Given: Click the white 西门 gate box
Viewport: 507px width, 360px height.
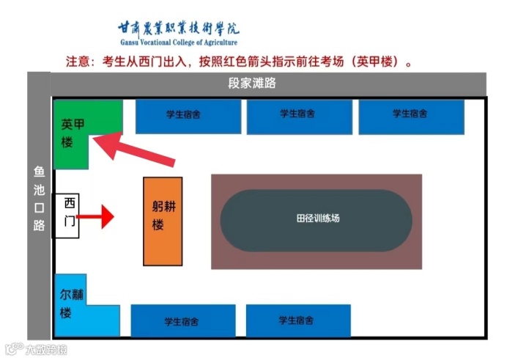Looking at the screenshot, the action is pos(66,216).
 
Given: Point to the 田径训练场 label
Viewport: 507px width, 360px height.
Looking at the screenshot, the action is pos(317,218).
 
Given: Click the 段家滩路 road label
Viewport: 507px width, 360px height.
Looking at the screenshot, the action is pos(252,84).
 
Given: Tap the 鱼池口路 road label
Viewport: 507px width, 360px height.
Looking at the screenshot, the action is pos(39,198).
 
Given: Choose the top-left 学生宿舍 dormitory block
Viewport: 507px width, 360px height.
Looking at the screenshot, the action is pos(188,116).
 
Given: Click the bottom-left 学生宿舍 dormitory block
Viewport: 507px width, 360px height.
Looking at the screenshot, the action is pos(183,320).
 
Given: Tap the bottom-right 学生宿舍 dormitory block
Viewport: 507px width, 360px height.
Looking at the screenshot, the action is pos(297,320).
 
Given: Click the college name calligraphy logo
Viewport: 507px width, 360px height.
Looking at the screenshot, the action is pos(178,29).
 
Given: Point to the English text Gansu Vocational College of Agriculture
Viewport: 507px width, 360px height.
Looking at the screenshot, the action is pos(178,43).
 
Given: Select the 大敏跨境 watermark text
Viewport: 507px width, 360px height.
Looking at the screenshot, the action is pos(45,349).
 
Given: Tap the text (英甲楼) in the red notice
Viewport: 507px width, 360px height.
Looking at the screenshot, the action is pos(377,62).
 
